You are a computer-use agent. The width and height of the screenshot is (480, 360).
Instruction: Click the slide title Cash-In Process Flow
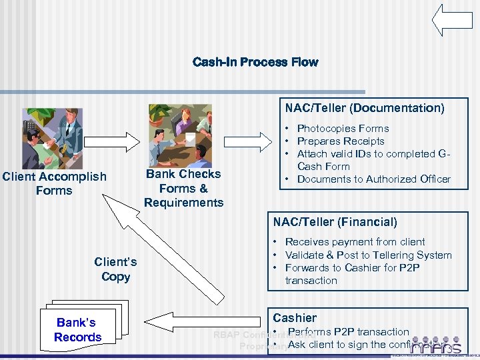255,62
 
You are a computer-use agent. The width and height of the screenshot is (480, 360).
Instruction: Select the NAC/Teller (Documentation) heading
365,108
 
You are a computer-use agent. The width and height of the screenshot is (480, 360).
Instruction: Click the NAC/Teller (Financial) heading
335,222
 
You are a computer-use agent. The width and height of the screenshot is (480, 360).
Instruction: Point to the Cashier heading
294,318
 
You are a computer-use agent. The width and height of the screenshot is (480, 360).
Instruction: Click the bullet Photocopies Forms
343,128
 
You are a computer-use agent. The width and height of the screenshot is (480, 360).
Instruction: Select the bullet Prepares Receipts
341,141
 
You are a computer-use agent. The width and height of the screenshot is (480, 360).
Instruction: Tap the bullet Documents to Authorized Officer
373,179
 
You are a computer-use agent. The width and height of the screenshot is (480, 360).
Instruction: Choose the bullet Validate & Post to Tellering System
368,255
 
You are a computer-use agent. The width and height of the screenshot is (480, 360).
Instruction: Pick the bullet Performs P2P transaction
348,331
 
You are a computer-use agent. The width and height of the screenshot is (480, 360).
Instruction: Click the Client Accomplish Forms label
54,183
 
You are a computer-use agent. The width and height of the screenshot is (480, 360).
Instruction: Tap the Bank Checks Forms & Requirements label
183,187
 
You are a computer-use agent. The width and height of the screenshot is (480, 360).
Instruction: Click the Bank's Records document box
77,330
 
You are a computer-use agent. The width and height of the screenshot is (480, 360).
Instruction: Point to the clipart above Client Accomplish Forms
53,138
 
